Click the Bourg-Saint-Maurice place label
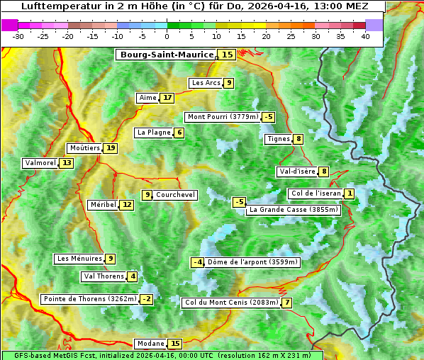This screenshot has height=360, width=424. coord(167,55)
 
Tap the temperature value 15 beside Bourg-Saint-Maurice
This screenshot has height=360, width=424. coord(227,55)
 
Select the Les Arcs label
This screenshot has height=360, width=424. coord(206,83)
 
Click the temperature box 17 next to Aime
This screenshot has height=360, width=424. coord(167,98)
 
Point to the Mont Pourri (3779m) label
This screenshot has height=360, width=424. coord(222,117)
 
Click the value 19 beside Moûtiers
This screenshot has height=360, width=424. coord(111,148)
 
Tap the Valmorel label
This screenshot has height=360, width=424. coord(40,163)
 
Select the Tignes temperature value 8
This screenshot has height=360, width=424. coord(299,139)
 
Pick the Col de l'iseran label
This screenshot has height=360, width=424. coord(316,193)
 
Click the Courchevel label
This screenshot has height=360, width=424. coord(175,195)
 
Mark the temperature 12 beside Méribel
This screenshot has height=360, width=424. coord(126,205)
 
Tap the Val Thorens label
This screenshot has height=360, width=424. coord(104,276)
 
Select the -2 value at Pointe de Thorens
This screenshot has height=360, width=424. coord(146,299)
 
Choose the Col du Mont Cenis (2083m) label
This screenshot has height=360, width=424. coord(230,303)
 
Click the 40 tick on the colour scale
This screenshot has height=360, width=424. coord(365,36)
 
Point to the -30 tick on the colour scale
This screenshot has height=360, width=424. coord(18,36)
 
